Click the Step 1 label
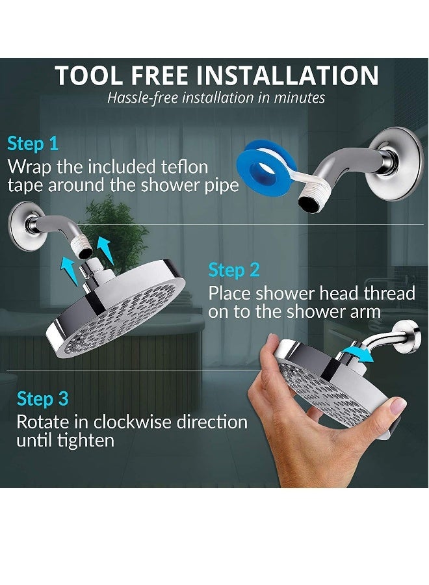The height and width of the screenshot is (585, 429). (x=32, y=144)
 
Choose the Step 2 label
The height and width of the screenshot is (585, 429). (x=233, y=270)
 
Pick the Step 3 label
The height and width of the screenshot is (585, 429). (x=42, y=398)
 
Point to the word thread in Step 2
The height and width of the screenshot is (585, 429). (x=383, y=293)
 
